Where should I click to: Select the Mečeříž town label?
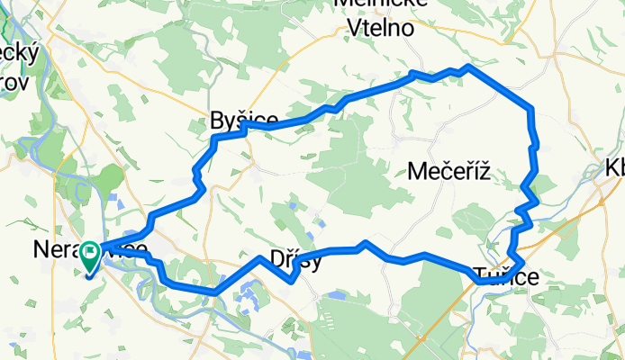[x=448, y=170]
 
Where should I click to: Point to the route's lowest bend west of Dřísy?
[x=216, y=292]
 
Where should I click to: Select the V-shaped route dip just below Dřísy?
[x=293, y=280]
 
